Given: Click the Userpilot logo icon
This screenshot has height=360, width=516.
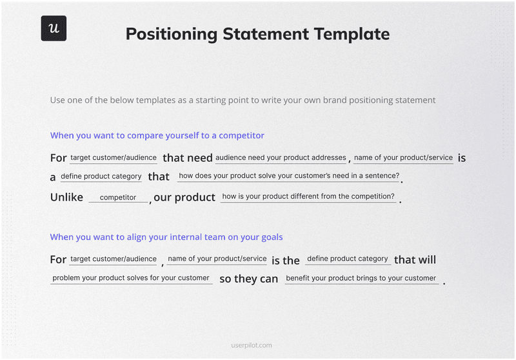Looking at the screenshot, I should coord(54,28).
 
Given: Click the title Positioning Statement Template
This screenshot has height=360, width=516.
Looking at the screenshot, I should coord(257,34).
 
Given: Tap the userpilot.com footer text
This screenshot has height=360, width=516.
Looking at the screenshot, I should coord(252,345).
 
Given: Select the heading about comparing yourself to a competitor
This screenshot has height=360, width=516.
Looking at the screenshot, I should coord(157,135).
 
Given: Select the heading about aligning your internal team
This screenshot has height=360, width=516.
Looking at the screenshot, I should coord(166,237).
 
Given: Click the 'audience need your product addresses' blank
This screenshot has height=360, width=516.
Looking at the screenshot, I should coord(281,158).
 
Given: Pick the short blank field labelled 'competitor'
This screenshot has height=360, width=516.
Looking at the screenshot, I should coord(118,197).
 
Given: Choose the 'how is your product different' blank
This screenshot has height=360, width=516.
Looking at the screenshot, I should coord(308,197).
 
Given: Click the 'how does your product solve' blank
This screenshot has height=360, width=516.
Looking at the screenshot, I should coord(289,176).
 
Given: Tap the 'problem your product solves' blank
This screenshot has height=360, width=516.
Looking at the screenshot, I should coord(131,278).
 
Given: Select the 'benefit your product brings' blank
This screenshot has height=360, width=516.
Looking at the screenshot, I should coord(361,279).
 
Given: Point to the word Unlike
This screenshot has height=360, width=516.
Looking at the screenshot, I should coord(66,197).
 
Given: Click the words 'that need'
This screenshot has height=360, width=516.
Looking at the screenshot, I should coord(187,158).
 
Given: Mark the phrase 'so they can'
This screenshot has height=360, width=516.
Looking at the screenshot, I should coord(248,279).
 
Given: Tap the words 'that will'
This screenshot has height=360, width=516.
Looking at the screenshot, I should coord(415,259).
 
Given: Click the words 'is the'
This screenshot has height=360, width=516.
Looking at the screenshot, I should coord(285,260).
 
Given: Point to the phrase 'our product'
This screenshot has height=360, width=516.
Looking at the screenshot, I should coord(184,197).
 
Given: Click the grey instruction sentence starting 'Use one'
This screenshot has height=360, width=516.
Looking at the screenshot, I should coord(243,100).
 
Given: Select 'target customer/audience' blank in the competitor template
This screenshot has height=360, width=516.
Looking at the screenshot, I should coord(114,158).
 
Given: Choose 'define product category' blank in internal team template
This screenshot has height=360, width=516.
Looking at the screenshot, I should coord(347,259).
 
